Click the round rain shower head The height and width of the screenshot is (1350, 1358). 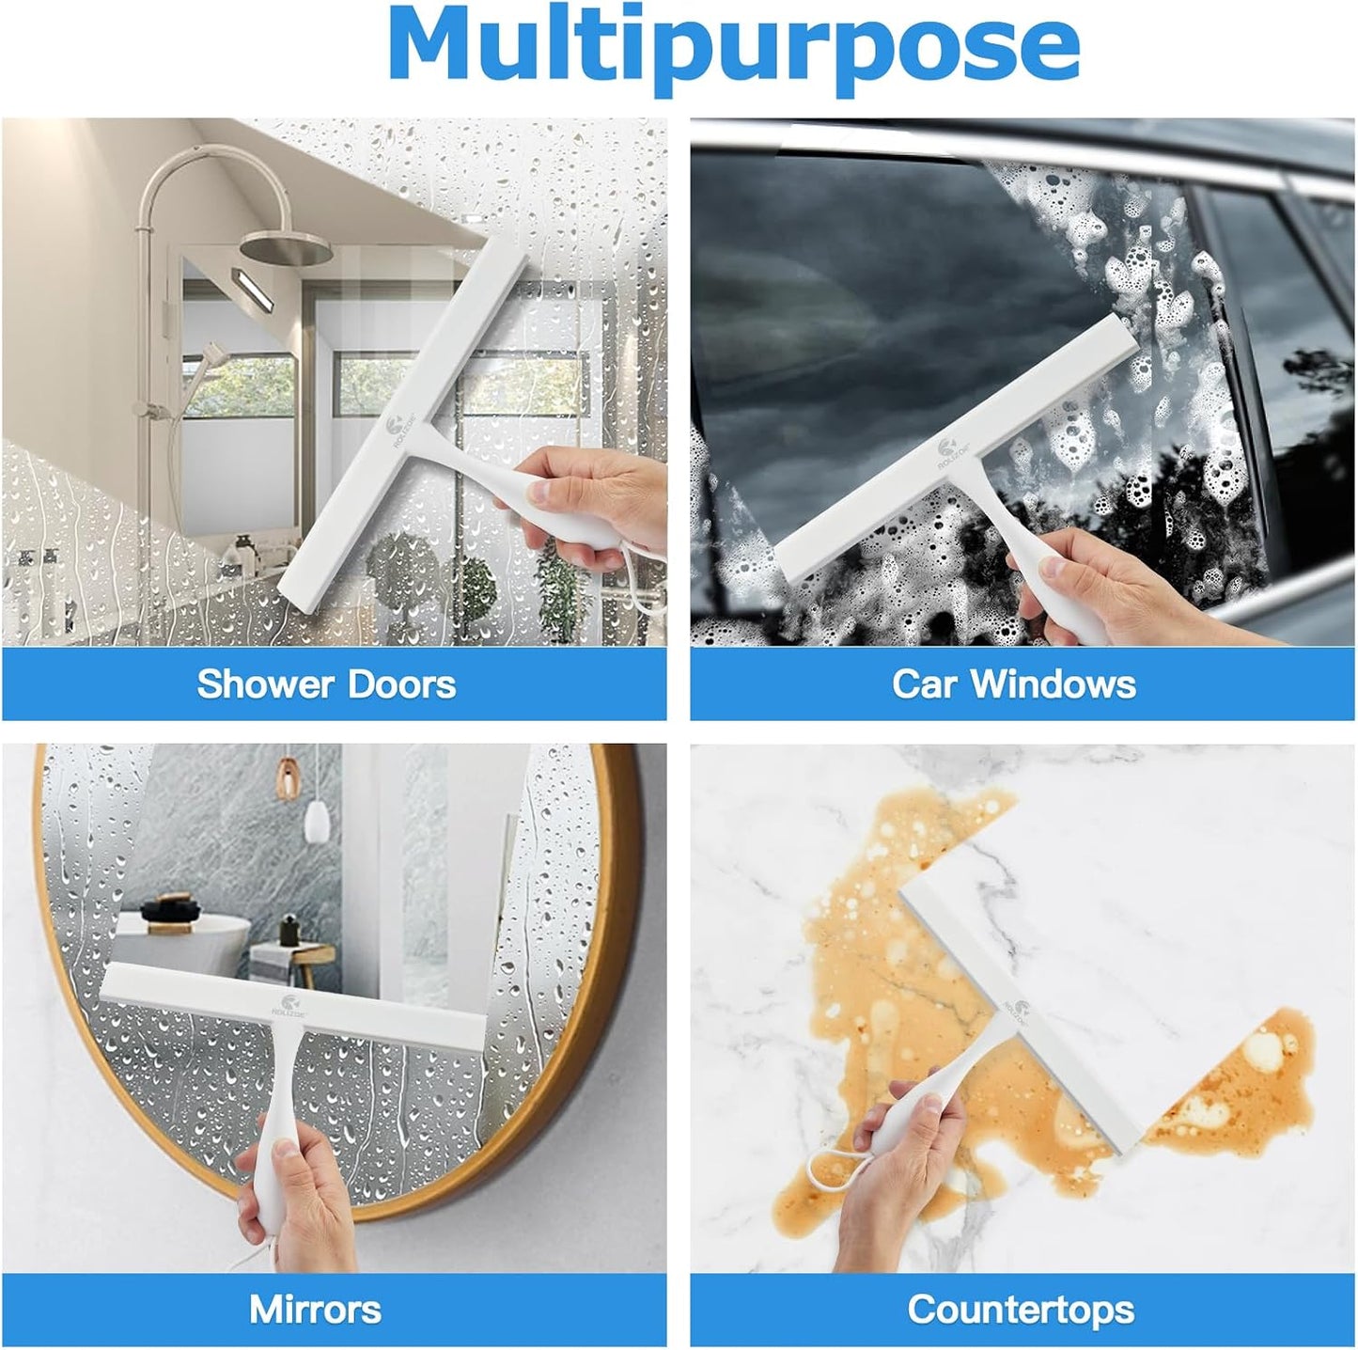click(x=285, y=247)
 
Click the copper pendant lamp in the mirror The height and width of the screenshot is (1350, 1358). click(x=286, y=777)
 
